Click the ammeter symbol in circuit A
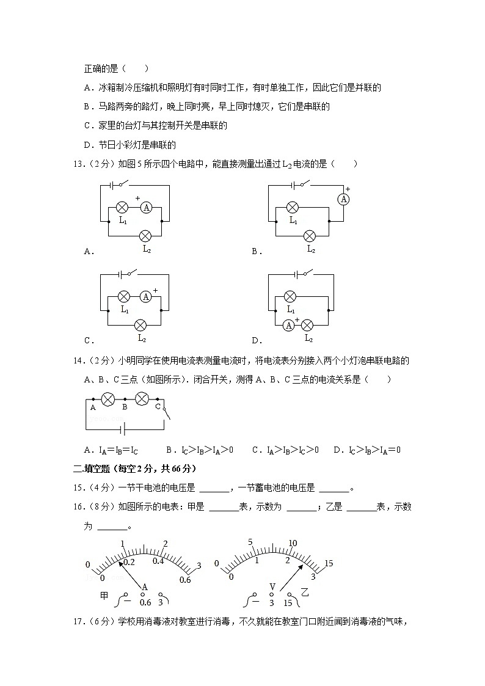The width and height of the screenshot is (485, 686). (x=146, y=208)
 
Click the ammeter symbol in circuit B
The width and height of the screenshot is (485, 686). (x=344, y=199)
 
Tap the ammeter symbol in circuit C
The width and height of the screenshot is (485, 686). (x=145, y=297)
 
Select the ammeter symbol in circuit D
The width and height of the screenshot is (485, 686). (x=288, y=325)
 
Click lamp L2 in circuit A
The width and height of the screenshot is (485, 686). (x=145, y=236)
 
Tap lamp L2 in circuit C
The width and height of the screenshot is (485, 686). (x=140, y=325)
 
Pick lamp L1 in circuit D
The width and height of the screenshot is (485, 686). (x=290, y=297)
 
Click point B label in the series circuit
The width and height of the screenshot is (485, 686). (x=124, y=406)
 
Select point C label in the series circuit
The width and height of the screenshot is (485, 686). (x=157, y=406)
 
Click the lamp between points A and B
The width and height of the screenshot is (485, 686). (x=108, y=399)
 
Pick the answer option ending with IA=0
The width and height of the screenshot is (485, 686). (x=367, y=450)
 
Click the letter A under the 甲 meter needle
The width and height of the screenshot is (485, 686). (x=145, y=587)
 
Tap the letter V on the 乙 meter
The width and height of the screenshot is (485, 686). (x=272, y=587)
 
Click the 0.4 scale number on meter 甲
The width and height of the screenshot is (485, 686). (x=158, y=560)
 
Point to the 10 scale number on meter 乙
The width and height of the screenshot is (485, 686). (x=293, y=543)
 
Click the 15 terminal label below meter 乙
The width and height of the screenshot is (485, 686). (x=288, y=602)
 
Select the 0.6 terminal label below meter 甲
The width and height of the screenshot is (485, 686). (x=145, y=602)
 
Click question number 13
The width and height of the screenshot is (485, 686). (x=77, y=164)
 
